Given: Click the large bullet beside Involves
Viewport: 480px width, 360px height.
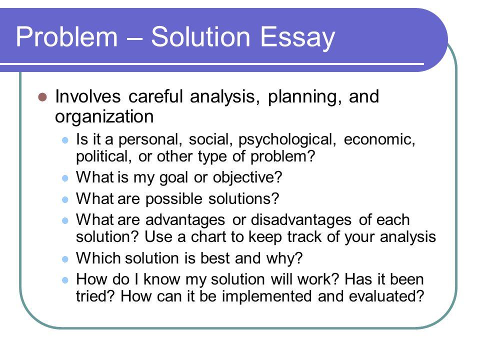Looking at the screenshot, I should (42, 97).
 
